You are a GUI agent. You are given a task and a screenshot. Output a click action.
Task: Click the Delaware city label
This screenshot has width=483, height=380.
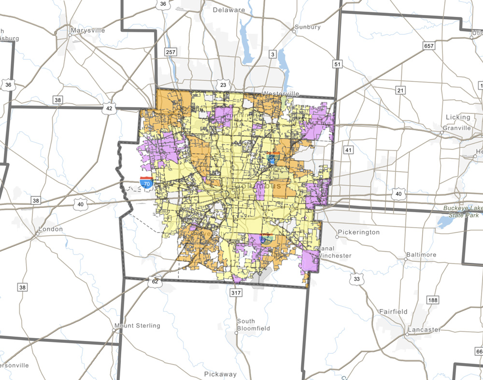coord(229,10)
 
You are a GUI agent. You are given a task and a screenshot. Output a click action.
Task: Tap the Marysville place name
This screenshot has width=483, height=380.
coord(87,30)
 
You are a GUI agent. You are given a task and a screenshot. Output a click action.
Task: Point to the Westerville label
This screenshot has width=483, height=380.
coord(281,93)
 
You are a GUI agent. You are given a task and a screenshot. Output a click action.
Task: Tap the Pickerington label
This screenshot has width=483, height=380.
coord(359,232)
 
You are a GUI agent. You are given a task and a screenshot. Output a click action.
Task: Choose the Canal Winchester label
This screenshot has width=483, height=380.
coord(334,252)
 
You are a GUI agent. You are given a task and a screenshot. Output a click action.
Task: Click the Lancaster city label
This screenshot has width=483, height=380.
coord(424,330)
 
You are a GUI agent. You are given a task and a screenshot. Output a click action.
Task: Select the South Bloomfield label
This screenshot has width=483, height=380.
coord(246,325)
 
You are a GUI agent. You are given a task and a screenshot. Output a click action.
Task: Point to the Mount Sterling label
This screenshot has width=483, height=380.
coord(137,326)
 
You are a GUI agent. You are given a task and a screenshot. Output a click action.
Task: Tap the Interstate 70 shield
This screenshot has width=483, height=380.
coord(147,182)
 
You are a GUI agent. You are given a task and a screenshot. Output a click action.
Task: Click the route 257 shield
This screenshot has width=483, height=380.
coord(170,51)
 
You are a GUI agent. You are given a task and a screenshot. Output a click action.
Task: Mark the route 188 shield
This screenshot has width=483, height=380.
coord(433,300)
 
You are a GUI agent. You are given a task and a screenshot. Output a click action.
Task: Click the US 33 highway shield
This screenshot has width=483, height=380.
coord(357,279)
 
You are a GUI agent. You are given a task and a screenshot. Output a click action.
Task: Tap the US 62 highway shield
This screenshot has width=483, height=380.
coord(155,282)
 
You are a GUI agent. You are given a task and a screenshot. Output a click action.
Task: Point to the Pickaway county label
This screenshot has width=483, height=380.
coord(221,374)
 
